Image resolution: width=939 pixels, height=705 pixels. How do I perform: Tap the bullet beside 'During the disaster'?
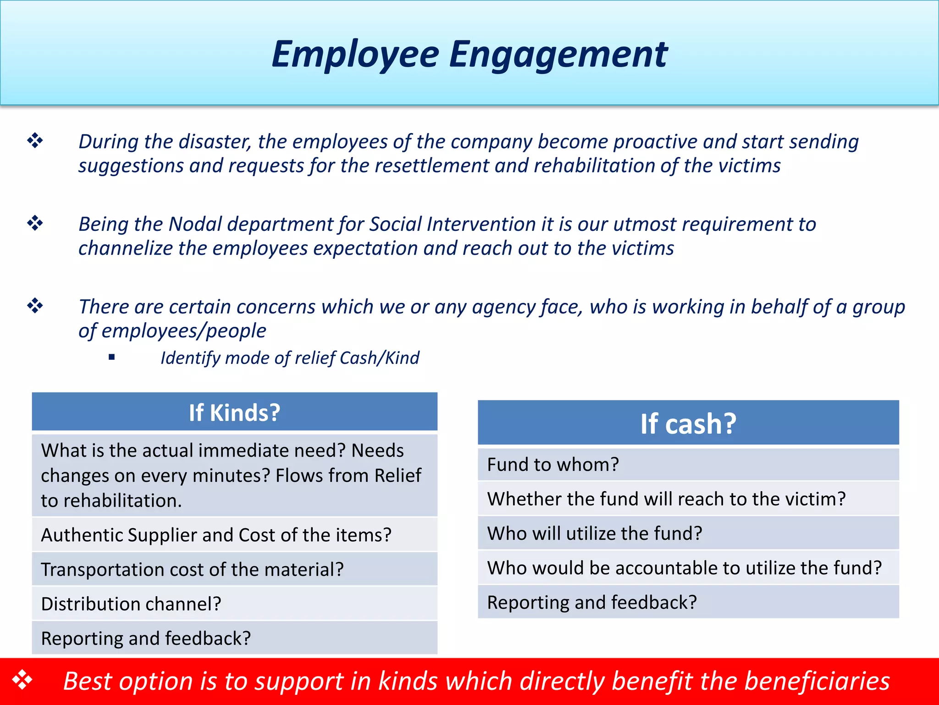tap(35, 140)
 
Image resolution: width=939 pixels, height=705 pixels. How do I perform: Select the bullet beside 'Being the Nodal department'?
tap(35, 224)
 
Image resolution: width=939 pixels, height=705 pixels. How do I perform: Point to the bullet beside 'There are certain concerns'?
tap(35, 306)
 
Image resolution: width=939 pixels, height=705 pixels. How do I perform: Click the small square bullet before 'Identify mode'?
tap(111, 357)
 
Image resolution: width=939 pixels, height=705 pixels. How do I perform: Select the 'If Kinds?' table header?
tap(234, 412)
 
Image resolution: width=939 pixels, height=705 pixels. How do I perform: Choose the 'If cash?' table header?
tap(688, 423)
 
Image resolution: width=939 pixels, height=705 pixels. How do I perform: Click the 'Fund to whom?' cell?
tap(553, 464)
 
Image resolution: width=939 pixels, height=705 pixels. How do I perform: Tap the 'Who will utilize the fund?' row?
tap(595, 533)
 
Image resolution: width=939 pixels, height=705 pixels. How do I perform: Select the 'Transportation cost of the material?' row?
tap(192, 570)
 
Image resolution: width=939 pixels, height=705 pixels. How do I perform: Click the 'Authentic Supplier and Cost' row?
tap(216, 535)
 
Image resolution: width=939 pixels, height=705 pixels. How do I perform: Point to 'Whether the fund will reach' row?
tap(666, 499)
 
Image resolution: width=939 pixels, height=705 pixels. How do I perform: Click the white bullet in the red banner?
tap(22, 680)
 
